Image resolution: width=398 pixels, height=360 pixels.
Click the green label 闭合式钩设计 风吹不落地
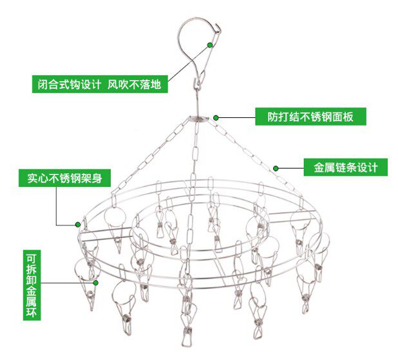tap(100, 84)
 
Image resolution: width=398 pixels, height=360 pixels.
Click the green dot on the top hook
tap(210, 44)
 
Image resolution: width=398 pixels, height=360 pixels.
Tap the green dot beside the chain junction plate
tap(216, 118)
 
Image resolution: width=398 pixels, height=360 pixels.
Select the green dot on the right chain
tap(276, 168)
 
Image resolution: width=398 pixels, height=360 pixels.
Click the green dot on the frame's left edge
tap(78, 225)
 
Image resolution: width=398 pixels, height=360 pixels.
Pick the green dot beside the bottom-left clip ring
tap(96, 282)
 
